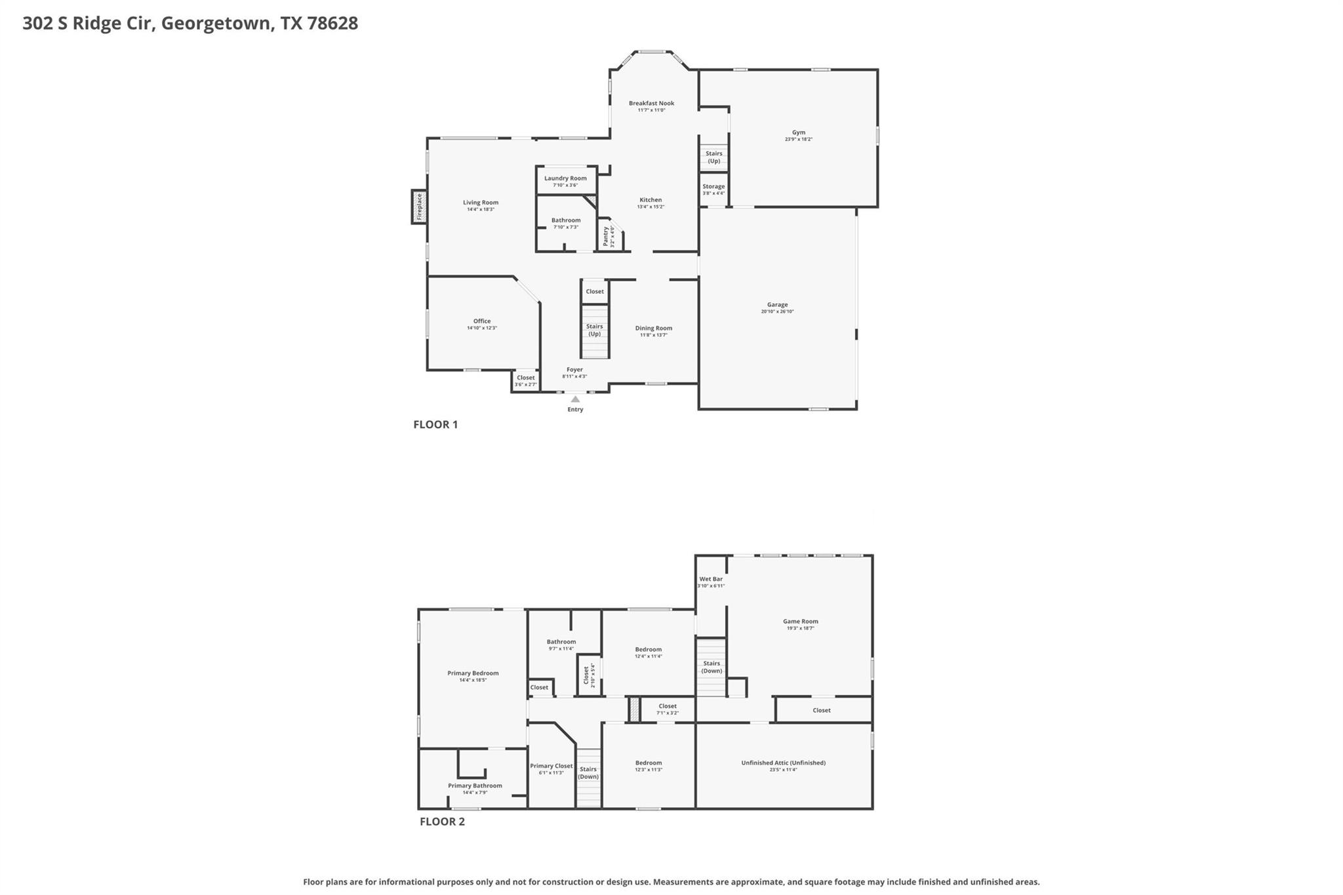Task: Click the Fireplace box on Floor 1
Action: coord(419,207)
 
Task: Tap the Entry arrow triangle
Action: coord(575,399)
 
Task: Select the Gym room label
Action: coord(798,132)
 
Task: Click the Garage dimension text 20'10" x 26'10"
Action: coord(777,312)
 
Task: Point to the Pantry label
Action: coord(605,236)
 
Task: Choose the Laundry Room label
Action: coord(565,178)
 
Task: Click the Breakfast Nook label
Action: coord(651,103)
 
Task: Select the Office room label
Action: coord(482,321)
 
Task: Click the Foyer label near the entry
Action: coord(574,370)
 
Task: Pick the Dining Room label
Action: coord(653,328)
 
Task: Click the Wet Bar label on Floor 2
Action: coord(711,579)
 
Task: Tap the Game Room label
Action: coord(800,621)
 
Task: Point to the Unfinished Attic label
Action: coord(783,763)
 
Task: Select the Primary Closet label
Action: coord(551,766)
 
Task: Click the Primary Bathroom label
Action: coord(475,786)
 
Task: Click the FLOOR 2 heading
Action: coord(442,822)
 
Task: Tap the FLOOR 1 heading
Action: coord(435,424)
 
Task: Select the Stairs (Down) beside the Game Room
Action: coord(712,667)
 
